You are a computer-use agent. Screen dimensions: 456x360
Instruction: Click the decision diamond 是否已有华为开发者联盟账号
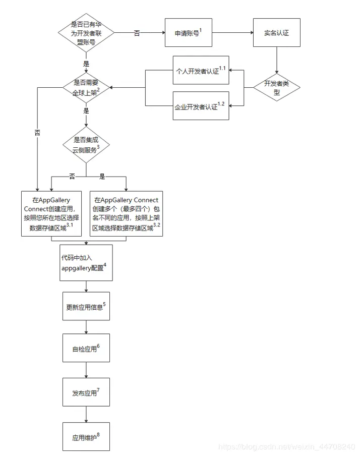click(x=86, y=33)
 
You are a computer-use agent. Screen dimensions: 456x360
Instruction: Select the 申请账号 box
click(x=188, y=33)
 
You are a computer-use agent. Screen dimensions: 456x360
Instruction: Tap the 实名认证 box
click(x=276, y=33)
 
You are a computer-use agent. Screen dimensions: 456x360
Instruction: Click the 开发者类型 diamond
click(x=276, y=88)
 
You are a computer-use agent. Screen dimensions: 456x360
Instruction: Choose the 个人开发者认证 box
click(x=201, y=70)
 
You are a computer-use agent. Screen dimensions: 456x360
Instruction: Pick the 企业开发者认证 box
click(x=201, y=105)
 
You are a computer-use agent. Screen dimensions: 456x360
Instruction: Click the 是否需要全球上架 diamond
click(x=86, y=88)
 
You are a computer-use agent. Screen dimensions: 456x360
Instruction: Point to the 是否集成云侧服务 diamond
click(x=86, y=144)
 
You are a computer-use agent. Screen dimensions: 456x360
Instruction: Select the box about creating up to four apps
click(x=126, y=213)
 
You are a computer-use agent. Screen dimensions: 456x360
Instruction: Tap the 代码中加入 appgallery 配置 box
click(x=86, y=263)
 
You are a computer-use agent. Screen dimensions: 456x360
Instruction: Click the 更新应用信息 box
click(x=86, y=306)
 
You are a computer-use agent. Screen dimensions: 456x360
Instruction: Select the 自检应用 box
click(x=86, y=349)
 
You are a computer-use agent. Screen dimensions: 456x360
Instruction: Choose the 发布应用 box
click(x=86, y=392)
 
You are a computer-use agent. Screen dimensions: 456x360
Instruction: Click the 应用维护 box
click(x=86, y=435)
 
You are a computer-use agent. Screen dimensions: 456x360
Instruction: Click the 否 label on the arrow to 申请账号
click(x=137, y=33)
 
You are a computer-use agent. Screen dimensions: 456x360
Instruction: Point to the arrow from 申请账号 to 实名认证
click(x=232, y=33)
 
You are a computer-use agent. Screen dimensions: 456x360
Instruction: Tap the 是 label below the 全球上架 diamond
click(x=86, y=110)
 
